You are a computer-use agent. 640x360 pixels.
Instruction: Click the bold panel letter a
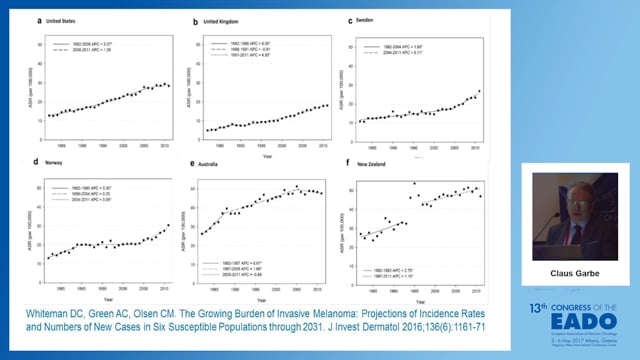coord(37,19)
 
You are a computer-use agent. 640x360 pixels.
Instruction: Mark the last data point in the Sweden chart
coord(478,91)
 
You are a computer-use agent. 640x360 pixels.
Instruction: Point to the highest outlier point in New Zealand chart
coord(414,183)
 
